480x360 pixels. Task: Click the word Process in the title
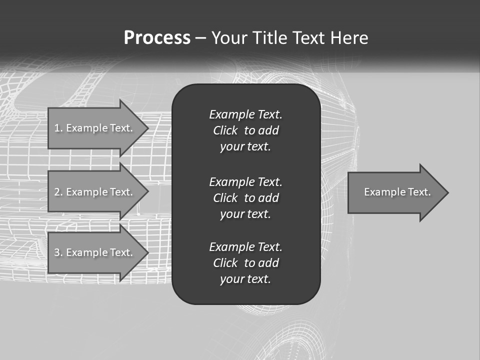[157, 38]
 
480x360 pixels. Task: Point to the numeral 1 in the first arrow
[57, 128]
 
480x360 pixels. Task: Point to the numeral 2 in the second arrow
[57, 192]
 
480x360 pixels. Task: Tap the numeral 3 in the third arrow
[57, 252]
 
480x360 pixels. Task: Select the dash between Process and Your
[201, 38]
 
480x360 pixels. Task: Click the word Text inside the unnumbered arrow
[419, 192]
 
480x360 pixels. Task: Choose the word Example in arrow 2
[86, 192]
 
